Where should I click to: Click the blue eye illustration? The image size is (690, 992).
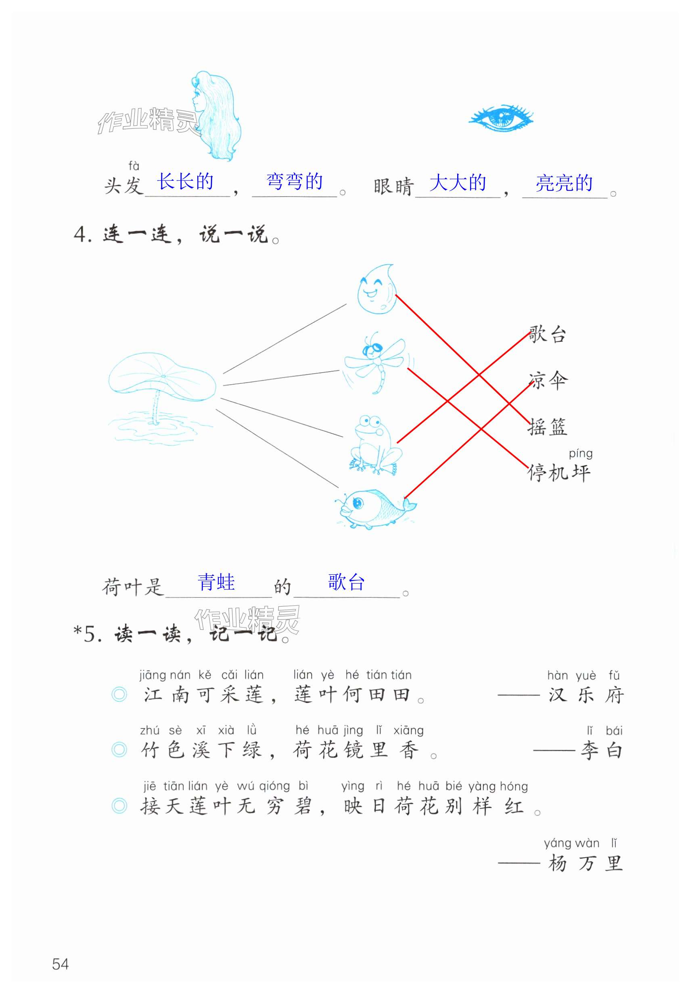point(501,118)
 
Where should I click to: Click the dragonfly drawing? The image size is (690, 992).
point(375,362)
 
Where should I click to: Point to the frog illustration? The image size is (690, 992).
point(374,445)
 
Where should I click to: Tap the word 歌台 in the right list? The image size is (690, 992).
point(548,335)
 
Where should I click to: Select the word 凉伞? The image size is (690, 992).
point(548,381)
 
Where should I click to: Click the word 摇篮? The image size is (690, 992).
point(548,427)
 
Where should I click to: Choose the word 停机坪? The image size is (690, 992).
point(558,473)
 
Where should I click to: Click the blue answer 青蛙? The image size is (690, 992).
point(216,582)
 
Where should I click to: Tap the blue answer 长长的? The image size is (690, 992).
point(185,182)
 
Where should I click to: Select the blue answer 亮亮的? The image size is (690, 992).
point(564,183)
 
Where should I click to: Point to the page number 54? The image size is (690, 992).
point(61,964)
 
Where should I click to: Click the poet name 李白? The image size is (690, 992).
point(601,751)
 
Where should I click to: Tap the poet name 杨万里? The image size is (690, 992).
point(585,864)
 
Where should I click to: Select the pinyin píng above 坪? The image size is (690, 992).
point(580,454)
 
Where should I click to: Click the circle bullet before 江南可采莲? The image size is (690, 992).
point(119,695)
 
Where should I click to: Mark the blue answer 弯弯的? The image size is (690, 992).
point(294,182)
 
